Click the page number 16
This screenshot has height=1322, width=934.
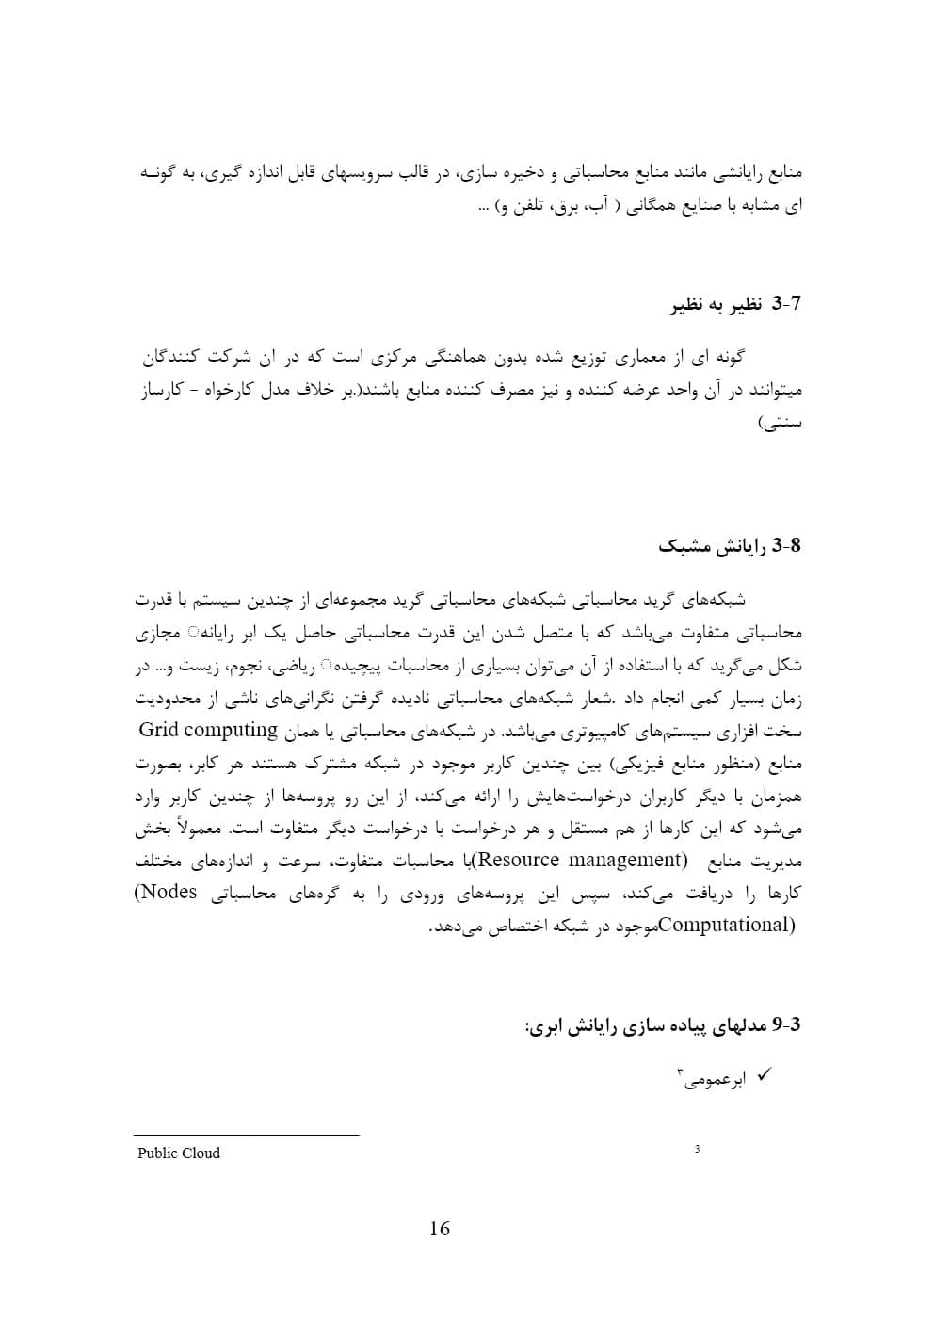click(x=439, y=1228)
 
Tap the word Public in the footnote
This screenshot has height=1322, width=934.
click(x=156, y=1153)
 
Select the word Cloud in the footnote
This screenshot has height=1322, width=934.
click(x=201, y=1153)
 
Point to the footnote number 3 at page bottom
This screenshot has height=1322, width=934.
click(x=697, y=1149)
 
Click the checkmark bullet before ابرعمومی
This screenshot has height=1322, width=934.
click(x=764, y=1074)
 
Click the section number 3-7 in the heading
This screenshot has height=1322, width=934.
click(x=786, y=304)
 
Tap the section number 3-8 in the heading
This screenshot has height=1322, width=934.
click(x=786, y=546)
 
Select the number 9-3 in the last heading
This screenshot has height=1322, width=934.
click(x=786, y=1024)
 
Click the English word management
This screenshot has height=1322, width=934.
click(x=627, y=860)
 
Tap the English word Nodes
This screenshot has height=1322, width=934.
click(x=171, y=892)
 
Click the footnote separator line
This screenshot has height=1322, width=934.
click(x=247, y=1135)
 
